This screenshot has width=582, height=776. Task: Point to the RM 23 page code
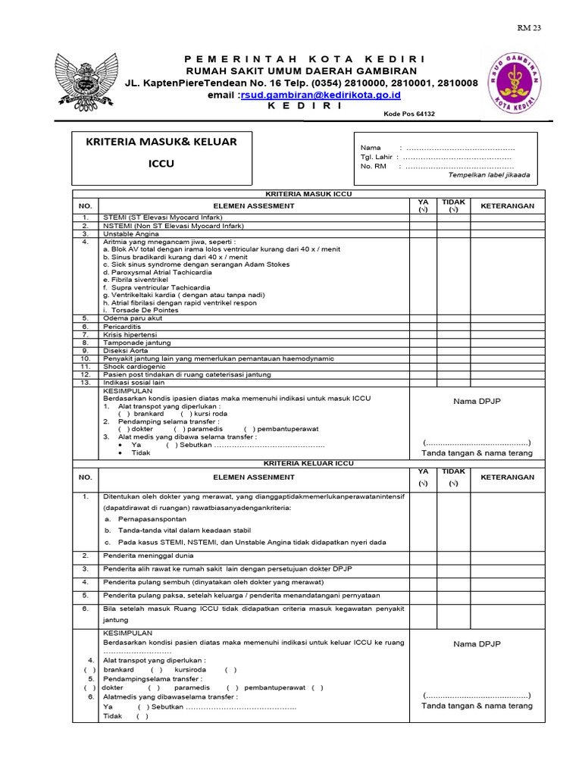(530, 28)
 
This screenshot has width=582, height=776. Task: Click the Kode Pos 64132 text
(409, 114)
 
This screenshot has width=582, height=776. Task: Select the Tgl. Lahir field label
(378, 157)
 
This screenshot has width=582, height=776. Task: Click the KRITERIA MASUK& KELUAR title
(165, 142)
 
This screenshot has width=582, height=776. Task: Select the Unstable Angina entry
(131, 234)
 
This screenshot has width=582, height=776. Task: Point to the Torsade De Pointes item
(144, 310)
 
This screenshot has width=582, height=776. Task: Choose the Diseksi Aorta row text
(127, 351)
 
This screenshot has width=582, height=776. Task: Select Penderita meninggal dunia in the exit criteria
(149, 555)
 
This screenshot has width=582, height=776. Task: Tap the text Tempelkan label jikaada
(489, 175)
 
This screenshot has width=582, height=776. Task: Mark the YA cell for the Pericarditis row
(423, 327)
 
